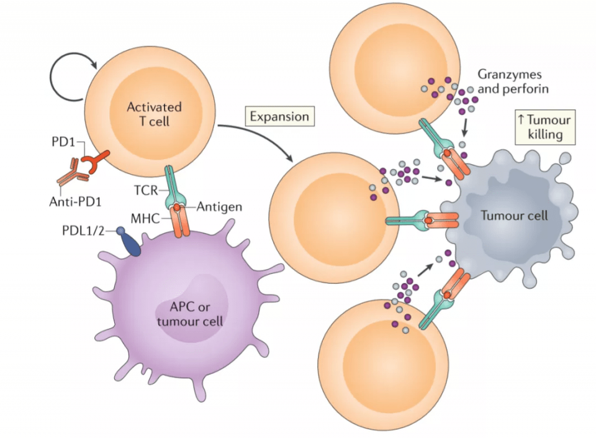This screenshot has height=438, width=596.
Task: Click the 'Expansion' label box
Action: [x=279, y=116]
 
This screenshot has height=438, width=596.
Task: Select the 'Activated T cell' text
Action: [x=153, y=113]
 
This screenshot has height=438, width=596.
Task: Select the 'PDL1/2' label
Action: [x=85, y=230]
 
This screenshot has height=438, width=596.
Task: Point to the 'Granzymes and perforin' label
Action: [x=513, y=81]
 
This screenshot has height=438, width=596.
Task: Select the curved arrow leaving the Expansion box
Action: [x=261, y=140]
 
